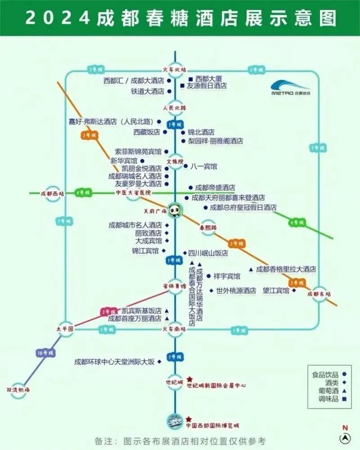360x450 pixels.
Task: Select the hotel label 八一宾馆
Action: [203, 166]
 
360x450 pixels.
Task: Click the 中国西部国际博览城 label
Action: [212, 425]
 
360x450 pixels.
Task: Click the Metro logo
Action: [291, 88]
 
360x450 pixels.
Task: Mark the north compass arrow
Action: [345, 436]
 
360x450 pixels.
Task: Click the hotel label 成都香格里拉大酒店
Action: [286, 270]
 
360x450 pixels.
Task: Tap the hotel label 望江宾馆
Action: [276, 291]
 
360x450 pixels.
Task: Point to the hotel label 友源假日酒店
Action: [207, 86]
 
